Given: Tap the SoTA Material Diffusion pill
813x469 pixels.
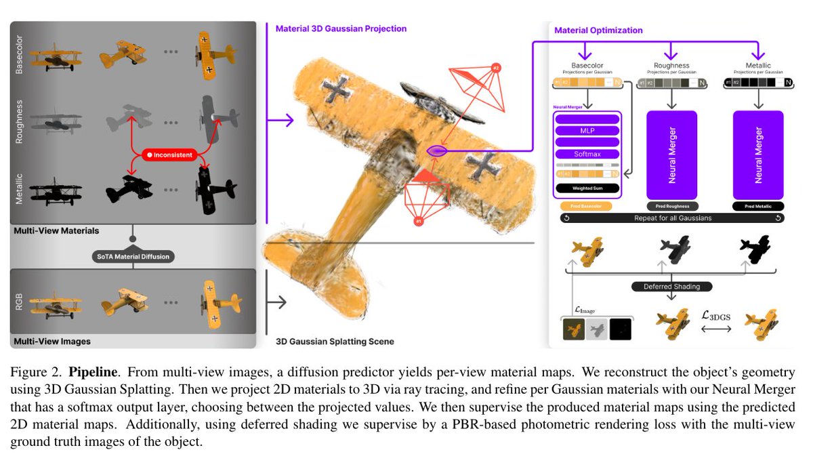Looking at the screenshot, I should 133,256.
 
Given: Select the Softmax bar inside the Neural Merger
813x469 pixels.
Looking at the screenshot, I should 587,154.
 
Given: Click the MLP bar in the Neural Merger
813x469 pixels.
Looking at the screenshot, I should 587,130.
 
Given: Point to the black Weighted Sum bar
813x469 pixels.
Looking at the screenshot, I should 587,188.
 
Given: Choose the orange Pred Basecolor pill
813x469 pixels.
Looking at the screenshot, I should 587,205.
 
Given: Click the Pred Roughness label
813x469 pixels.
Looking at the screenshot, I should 671,205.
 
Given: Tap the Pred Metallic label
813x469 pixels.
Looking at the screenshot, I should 758,205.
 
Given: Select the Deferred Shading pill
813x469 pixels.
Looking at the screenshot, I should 671,287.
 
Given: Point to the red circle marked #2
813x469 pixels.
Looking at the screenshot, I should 496,68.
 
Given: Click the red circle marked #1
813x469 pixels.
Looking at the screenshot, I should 419,221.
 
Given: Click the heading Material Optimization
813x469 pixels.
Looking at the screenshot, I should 598,30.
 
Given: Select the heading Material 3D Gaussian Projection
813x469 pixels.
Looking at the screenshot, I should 341,29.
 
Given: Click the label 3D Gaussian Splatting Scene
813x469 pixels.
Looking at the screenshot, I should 335,341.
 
